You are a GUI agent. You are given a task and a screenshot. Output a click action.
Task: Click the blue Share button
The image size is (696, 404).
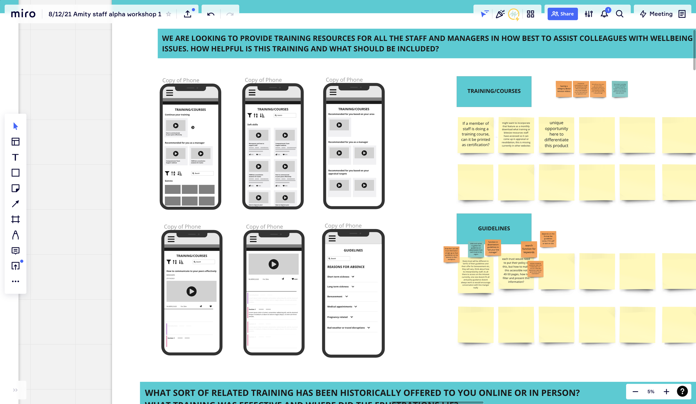pyautogui.click(x=562, y=14)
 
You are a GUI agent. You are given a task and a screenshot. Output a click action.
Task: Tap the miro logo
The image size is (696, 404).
pyautogui.click(x=23, y=14)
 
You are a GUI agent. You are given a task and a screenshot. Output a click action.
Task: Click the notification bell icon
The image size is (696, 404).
pyautogui.click(x=604, y=14)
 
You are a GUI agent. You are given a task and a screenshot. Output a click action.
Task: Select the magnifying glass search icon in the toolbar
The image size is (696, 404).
pyautogui.click(x=619, y=14)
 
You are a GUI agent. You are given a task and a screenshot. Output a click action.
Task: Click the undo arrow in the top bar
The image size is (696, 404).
pyautogui.click(x=211, y=14)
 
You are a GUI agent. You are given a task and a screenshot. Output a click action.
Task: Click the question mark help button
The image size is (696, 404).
pyautogui.click(x=682, y=391)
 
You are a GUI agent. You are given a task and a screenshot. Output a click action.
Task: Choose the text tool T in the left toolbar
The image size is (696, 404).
pyautogui.click(x=16, y=157)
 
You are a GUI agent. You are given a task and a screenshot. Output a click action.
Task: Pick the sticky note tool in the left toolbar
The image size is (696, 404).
pyautogui.click(x=16, y=188)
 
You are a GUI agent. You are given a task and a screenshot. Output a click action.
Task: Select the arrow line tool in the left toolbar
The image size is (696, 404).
pyautogui.click(x=16, y=204)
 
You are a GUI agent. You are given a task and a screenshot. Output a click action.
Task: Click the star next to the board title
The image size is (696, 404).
pyautogui.click(x=168, y=14)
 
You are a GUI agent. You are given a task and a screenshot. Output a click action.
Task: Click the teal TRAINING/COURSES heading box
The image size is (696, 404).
pyautogui.click(x=494, y=91)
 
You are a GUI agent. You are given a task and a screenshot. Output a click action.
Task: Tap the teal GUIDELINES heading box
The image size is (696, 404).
pyautogui.click(x=494, y=228)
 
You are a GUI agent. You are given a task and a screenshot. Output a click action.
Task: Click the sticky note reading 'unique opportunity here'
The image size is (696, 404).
pyautogui.click(x=556, y=134)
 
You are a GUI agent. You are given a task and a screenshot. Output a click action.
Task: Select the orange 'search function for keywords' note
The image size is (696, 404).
pyautogui.click(x=529, y=249)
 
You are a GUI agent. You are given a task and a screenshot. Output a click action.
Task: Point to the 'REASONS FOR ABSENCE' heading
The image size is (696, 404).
pyautogui.click(x=346, y=267)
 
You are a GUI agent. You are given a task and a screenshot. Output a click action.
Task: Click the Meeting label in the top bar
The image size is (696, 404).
pyautogui.click(x=661, y=14)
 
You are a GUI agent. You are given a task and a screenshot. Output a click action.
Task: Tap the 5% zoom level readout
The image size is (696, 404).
pyautogui.click(x=651, y=391)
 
